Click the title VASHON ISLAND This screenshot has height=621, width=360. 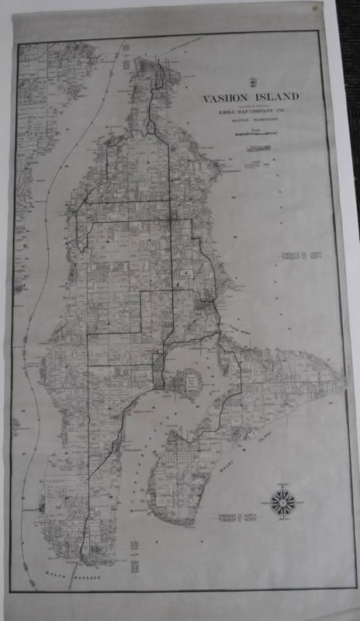[250, 99]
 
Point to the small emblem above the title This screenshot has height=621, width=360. [250, 83]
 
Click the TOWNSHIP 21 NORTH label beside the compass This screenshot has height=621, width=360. [237, 517]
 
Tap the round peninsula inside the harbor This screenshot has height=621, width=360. [188, 381]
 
